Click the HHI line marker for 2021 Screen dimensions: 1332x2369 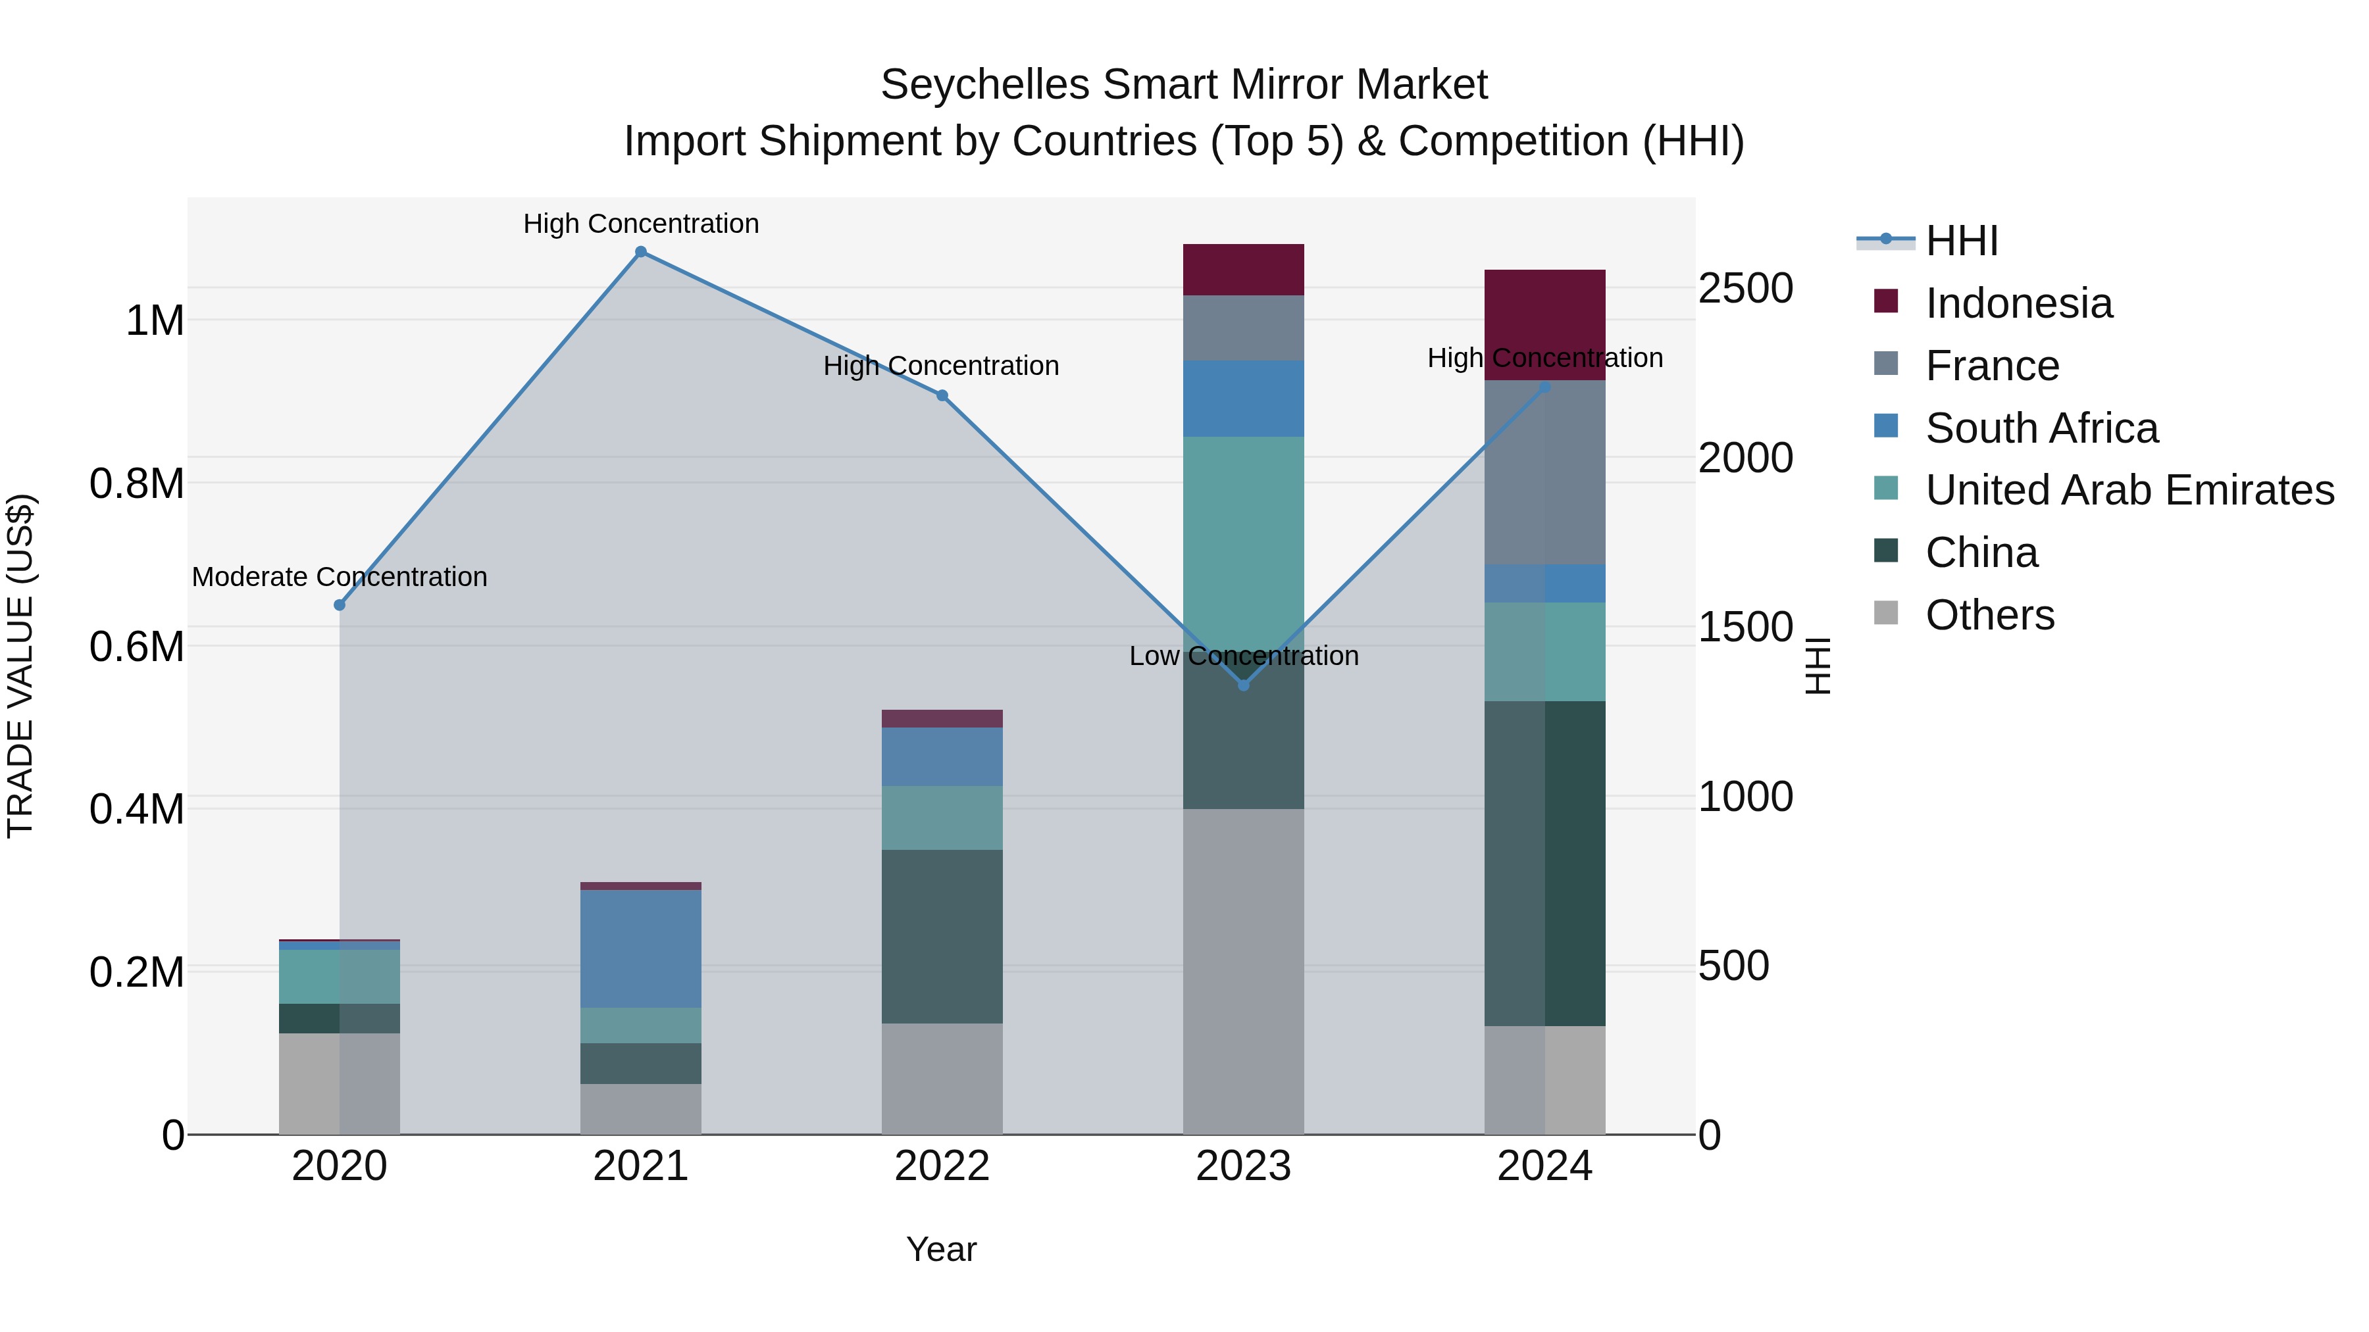[641, 252]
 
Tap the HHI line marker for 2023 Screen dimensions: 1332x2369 [1243, 685]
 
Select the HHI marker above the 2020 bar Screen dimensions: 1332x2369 [340, 605]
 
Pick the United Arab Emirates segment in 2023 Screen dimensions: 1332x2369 [1243, 533]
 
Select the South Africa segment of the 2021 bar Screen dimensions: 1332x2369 [641, 947]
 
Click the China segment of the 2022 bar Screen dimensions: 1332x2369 [942, 936]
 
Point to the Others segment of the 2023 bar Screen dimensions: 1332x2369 [1243, 971]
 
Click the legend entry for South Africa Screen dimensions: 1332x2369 [2041, 428]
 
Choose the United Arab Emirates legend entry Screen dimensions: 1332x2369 [2128, 490]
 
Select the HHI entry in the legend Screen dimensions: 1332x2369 [1961, 241]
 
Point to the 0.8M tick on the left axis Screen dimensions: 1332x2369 [137, 483]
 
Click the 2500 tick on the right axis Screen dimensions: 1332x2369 [1745, 289]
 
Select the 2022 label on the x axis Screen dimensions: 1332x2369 [942, 1166]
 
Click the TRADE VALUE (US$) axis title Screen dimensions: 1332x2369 [20, 666]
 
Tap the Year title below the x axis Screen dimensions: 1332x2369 [941, 1249]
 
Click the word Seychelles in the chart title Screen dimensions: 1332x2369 [985, 85]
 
